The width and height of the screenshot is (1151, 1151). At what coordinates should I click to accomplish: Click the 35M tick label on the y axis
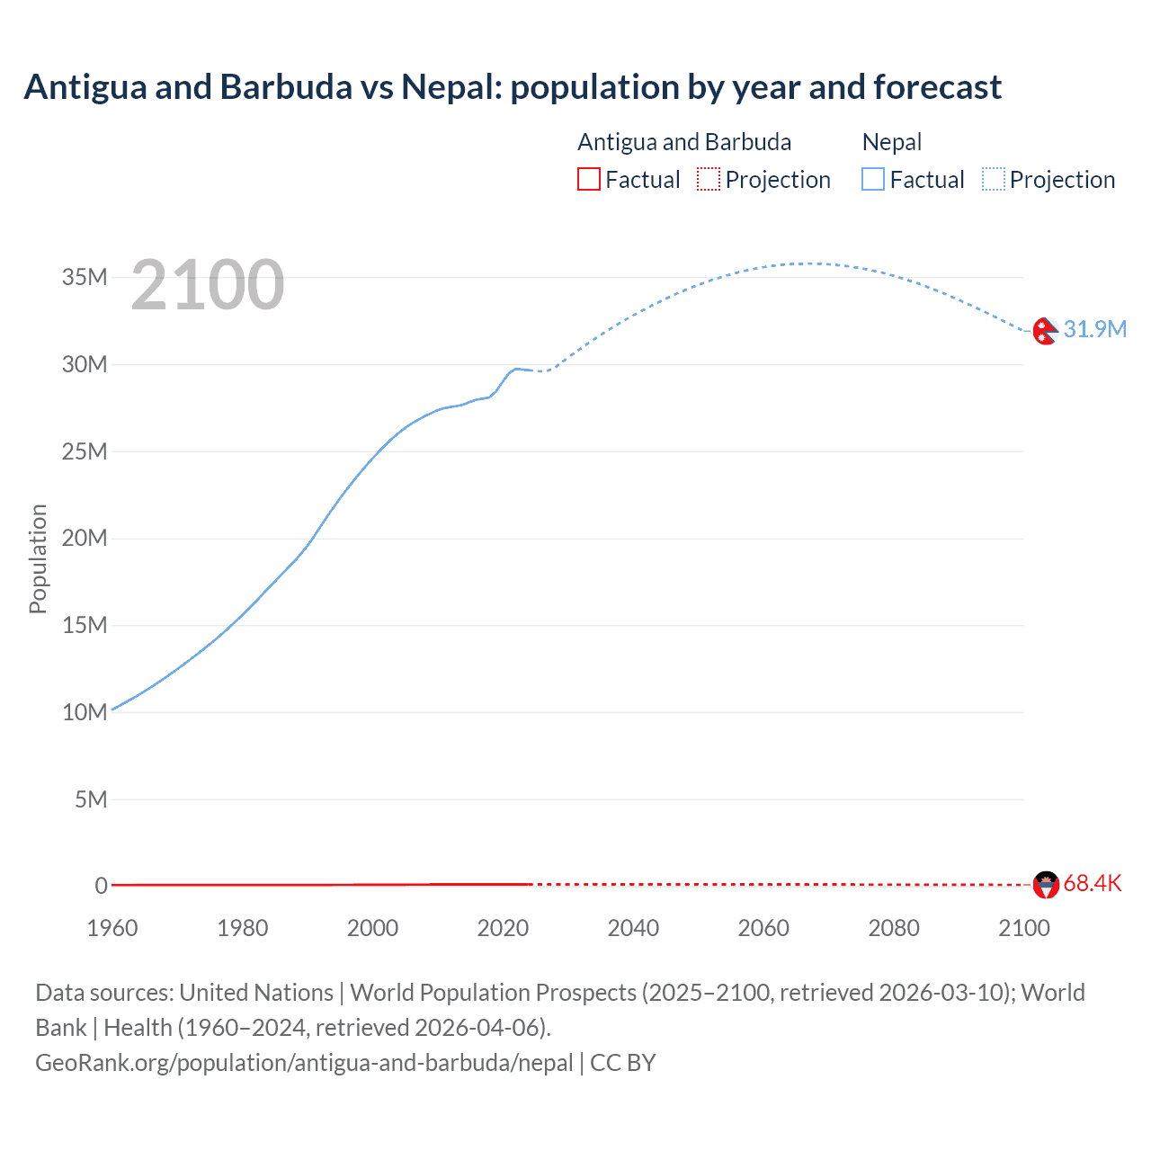(x=85, y=277)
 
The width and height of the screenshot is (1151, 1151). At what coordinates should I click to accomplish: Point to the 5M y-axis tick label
(x=91, y=799)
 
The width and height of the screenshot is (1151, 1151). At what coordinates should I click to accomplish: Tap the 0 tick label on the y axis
(x=101, y=886)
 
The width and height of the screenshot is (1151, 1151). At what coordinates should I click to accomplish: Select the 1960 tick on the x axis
(x=112, y=928)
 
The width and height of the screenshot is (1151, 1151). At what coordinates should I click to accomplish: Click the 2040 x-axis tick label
(x=633, y=928)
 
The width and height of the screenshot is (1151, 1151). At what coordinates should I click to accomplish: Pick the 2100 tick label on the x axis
(x=1023, y=928)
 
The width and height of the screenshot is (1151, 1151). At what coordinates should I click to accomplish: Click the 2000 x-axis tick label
(x=372, y=928)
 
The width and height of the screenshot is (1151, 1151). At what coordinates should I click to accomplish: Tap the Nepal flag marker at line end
(x=1045, y=331)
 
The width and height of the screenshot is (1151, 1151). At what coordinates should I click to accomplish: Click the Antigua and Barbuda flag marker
(x=1046, y=885)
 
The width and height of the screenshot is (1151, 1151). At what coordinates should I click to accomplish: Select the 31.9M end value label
(x=1094, y=329)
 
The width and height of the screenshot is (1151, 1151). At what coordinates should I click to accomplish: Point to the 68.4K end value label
(x=1093, y=884)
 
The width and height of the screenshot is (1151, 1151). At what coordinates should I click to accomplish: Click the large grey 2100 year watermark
(x=208, y=285)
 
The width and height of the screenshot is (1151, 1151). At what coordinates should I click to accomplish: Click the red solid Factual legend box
(x=588, y=180)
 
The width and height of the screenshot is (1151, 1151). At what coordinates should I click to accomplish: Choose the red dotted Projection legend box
(x=709, y=180)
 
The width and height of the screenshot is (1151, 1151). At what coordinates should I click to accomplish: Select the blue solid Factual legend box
(x=873, y=180)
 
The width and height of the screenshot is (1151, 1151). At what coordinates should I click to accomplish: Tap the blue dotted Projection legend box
(x=994, y=180)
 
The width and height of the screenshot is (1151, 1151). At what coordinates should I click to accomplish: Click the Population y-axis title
(x=38, y=558)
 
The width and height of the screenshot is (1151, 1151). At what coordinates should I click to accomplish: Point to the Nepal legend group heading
(x=892, y=142)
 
